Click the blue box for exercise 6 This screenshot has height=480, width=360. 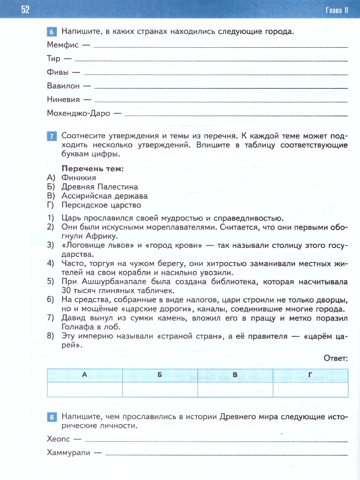click(52, 32)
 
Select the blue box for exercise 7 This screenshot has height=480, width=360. click(52, 136)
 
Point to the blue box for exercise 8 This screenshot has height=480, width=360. click(52, 418)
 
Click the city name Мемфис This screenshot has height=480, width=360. click(63, 45)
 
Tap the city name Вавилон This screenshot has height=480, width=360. click(63, 86)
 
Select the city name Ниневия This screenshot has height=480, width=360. click(63, 99)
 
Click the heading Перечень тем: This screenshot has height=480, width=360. click(92, 168)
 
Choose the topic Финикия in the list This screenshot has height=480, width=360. click(79, 178)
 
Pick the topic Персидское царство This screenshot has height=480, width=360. click(101, 205)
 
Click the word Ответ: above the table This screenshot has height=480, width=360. click(336, 358)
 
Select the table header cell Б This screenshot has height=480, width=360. click(160, 375)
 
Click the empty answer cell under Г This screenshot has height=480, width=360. click(310, 389)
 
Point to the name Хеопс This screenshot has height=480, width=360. click(58, 439)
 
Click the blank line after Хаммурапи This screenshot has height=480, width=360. click(226, 454)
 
